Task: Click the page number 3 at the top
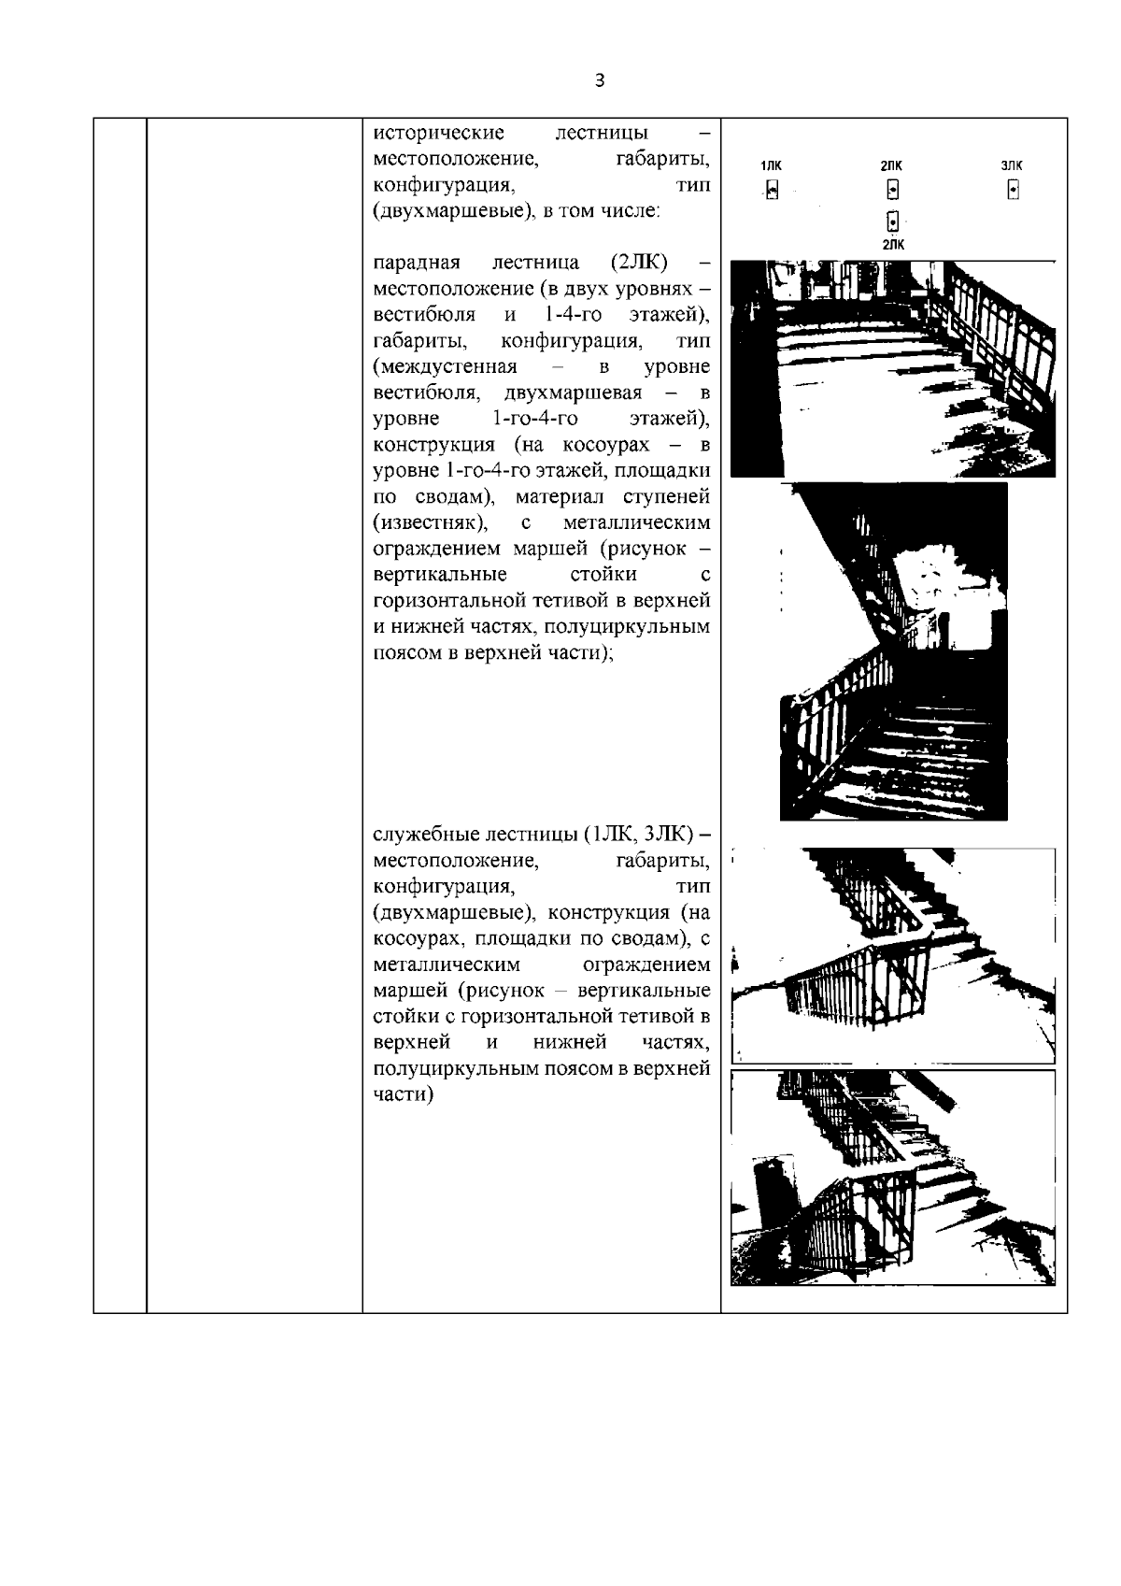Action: [x=599, y=81]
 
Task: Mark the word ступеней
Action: [x=668, y=495]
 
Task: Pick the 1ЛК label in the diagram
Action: [x=772, y=166]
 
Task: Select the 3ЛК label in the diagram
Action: [x=1012, y=166]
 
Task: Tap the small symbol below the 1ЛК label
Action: [x=772, y=192]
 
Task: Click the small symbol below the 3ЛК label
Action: [x=1013, y=191]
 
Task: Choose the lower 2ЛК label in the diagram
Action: [x=893, y=245]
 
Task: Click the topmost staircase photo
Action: [x=892, y=369]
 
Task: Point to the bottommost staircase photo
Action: [x=892, y=1178]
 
